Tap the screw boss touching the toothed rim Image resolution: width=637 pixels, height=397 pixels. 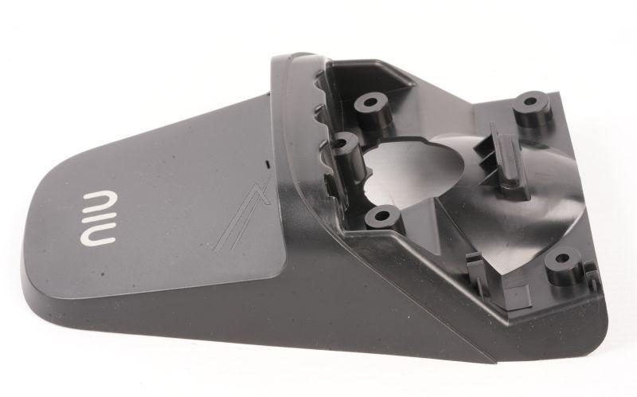coord(344,144)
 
